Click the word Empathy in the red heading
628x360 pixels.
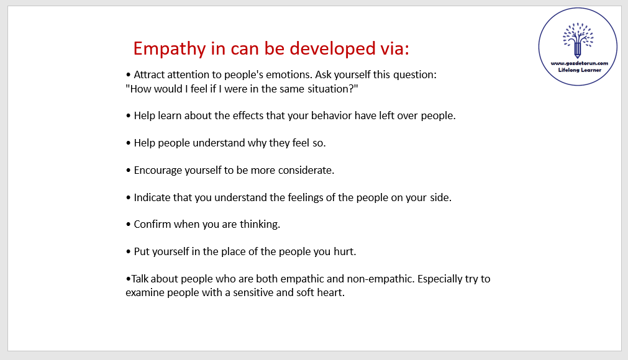(170, 49)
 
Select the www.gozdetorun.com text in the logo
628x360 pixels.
(579, 63)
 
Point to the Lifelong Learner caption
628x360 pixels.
(580, 70)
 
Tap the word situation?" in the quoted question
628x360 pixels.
(332, 89)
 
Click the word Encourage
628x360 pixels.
(158, 171)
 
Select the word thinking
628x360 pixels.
(260, 225)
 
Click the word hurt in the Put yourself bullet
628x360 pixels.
(345, 251)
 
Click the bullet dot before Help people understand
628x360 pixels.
(128, 143)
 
